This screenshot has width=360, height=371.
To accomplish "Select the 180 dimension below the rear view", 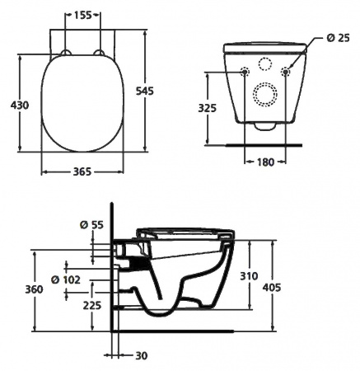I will click(263, 162).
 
